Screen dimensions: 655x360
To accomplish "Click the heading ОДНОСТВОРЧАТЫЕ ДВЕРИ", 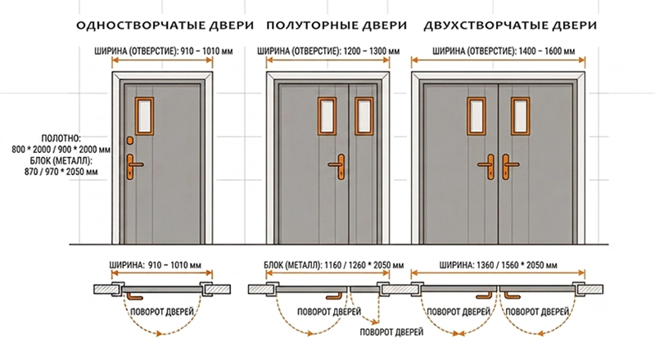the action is coord(165,25).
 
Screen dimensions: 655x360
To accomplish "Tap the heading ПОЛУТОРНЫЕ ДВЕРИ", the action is coord(337,25).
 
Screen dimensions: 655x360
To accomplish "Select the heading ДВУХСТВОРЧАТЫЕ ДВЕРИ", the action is coord(510,25).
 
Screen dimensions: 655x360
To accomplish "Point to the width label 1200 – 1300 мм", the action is coord(372,52).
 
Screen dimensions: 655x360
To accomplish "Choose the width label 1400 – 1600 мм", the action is coord(547,52).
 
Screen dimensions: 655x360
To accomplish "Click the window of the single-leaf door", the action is coord(144,116).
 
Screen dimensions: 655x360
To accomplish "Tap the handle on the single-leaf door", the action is coord(133,167).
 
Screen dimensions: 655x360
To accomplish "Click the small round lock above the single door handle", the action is coord(130,141).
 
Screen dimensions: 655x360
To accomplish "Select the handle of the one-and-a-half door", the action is coord(338,167).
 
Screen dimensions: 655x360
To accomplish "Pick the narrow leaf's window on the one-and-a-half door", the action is coord(364,116).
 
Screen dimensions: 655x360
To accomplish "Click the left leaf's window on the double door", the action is coord(477,116).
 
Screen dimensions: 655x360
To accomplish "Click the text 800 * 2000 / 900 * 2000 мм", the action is coord(61,149).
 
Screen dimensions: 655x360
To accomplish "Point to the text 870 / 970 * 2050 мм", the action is coord(61,171).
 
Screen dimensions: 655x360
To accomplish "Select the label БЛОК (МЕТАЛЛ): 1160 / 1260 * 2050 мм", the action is coord(334,265).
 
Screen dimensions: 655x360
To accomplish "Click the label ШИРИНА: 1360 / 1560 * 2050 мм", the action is coord(498,265).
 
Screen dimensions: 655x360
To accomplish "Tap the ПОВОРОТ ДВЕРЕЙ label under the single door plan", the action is coord(162,312).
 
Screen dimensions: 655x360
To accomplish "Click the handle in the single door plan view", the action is coord(134,296).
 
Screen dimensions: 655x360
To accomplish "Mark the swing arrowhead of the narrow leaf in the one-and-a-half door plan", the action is coord(375,322).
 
